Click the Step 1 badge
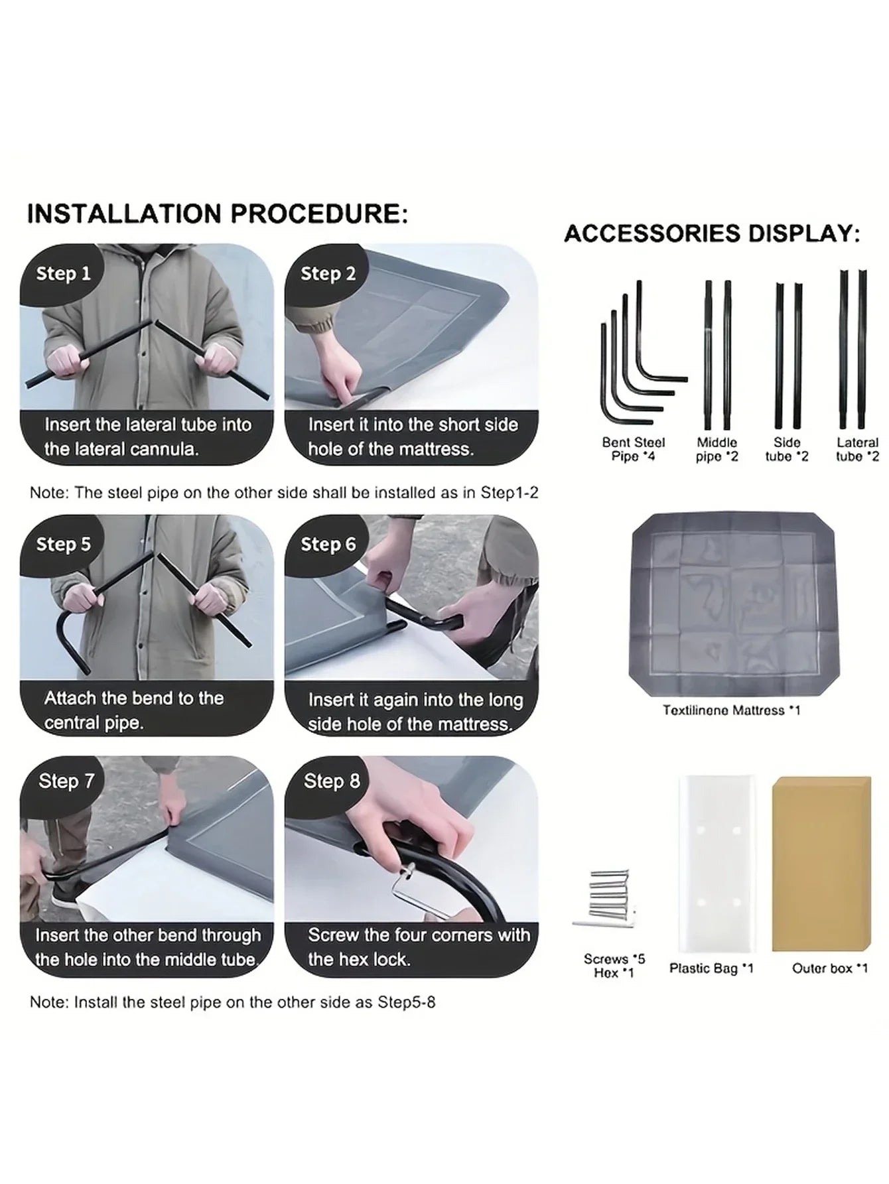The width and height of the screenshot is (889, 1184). [63, 273]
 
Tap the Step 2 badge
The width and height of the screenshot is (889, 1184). [328, 273]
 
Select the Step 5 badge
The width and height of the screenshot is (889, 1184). [63, 544]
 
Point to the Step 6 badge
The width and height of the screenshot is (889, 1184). [328, 544]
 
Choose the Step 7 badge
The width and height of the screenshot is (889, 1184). [66, 781]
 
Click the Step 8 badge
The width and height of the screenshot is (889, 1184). [331, 781]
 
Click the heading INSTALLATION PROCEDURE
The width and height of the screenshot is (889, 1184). [218, 214]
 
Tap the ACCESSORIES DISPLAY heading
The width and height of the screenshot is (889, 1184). [712, 233]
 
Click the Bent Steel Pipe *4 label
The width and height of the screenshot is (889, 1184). [633, 449]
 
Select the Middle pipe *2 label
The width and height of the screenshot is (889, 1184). [717, 449]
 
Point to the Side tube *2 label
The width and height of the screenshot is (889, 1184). [787, 449]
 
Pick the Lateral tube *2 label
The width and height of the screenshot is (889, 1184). [857, 449]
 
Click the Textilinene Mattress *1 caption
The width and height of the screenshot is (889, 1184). [732, 710]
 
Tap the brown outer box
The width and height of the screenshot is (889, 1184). [821, 864]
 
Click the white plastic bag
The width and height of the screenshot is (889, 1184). [717, 864]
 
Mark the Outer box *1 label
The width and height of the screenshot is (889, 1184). [829, 968]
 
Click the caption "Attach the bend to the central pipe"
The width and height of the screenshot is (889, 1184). [134, 710]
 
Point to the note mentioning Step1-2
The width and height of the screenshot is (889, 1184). [284, 493]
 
